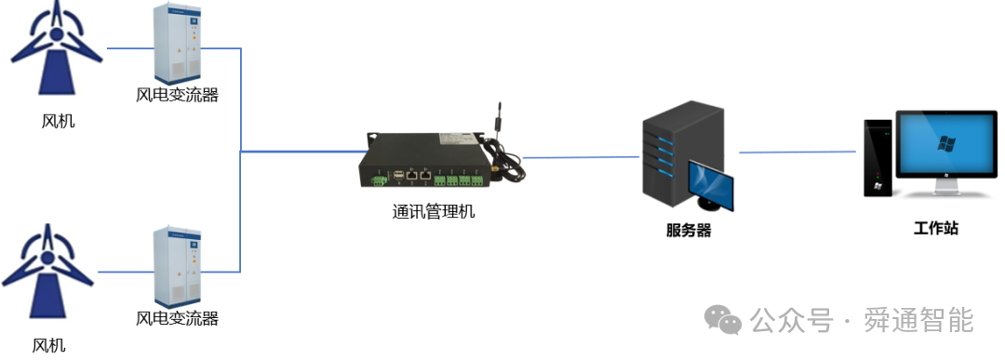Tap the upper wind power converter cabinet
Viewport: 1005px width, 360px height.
point(178,44)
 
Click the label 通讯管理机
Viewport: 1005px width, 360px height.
point(434,211)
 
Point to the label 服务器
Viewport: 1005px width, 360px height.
point(689,231)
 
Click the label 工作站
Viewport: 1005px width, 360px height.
point(936,228)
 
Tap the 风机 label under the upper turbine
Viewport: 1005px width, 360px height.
point(58,120)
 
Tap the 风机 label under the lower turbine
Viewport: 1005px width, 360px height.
point(48,345)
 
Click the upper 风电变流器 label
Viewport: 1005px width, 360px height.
point(178,95)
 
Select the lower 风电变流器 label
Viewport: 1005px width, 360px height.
point(178,318)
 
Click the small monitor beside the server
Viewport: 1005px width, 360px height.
point(711,186)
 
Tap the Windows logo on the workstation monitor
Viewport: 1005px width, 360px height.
point(946,143)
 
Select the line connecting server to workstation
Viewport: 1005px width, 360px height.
point(797,153)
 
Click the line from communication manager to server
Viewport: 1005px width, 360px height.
point(581,157)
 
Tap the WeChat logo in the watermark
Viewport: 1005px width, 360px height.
point(723,319)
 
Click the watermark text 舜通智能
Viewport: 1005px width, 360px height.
point(918,320)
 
